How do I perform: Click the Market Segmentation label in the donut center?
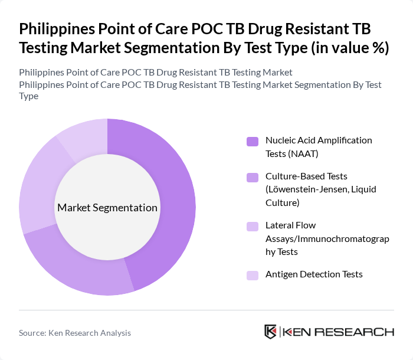point(107,208)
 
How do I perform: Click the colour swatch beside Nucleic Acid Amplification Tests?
point(253,141)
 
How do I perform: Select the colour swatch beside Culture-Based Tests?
point(253,177)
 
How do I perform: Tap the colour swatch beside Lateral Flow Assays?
point(253,226)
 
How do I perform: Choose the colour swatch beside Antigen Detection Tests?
point(253,275)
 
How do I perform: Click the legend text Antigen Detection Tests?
point(314,274)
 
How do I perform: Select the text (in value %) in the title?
point(350,48)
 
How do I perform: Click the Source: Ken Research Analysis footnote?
point(75,333)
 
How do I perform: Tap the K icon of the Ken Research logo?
point(271,332)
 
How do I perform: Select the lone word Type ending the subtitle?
point(29,96)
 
